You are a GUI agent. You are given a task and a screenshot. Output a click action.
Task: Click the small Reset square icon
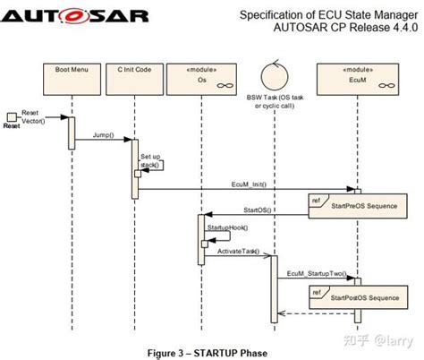tap(12, 117)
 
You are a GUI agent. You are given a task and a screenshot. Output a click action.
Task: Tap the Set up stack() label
tap(150, 160)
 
